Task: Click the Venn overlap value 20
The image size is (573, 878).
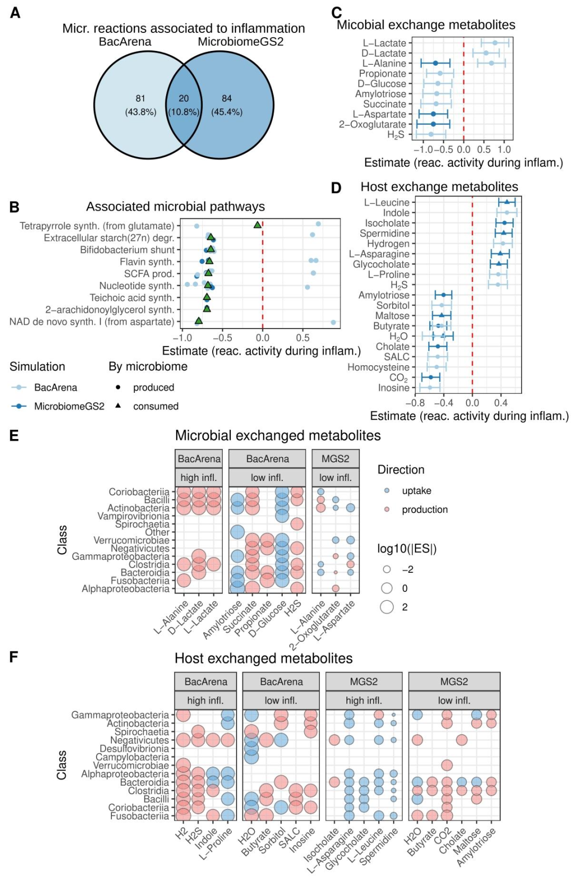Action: coord(184,98)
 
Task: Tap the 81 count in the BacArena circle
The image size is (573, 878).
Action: coord(140,98)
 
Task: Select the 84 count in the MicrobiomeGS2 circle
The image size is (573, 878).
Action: coord(227,98)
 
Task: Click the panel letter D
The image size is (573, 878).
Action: coord(336,187)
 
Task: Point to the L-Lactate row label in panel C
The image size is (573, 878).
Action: coord(384,43)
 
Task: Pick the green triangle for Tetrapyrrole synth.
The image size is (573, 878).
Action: coord(257,225)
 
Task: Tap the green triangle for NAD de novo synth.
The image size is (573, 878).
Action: coord(198,321)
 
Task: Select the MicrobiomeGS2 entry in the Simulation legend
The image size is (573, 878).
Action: coord(69,406)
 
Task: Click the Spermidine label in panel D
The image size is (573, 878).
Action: coord(384,233)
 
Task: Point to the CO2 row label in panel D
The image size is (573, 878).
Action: coord(398,377)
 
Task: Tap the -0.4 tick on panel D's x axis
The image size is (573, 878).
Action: coord(444,403)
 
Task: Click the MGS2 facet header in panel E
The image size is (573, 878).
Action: coord(335,459)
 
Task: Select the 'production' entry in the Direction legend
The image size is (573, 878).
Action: coord(424,510)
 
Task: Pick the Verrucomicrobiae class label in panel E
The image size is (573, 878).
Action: coord(131,540)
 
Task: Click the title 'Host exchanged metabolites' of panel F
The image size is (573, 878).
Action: coord(264,658)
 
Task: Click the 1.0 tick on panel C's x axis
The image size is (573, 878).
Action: coord(504,150)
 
